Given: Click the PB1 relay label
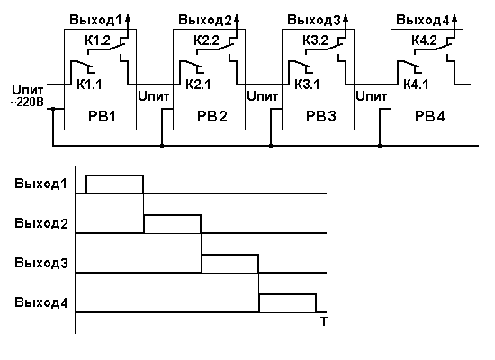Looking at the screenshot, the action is pos(102,116).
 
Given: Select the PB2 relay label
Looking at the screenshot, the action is pos(212,116).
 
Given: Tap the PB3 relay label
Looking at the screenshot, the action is pos(321,116).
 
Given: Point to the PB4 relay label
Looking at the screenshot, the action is pos(430,116).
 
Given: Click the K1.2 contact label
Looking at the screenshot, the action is pos(97,40).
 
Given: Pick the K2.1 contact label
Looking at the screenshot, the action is pos(198,85).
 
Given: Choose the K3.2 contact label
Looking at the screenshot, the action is pos(315,40).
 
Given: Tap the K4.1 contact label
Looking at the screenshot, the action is pos(416,85).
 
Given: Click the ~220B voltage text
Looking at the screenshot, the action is pos(27,103).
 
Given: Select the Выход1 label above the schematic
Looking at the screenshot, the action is pos(95,20).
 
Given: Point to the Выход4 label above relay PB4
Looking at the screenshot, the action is pos(422,20).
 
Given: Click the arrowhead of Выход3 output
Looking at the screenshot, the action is pos(346,18).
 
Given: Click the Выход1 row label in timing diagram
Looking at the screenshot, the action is pos(41,184).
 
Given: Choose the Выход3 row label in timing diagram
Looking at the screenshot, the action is pos(41,263).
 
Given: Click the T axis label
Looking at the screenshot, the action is pos(324,321).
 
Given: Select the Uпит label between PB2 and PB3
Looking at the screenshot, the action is pos(262,96).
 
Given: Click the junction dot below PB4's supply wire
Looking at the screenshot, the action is pos(380,146).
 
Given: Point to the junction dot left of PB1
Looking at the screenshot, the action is pos(53,109).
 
